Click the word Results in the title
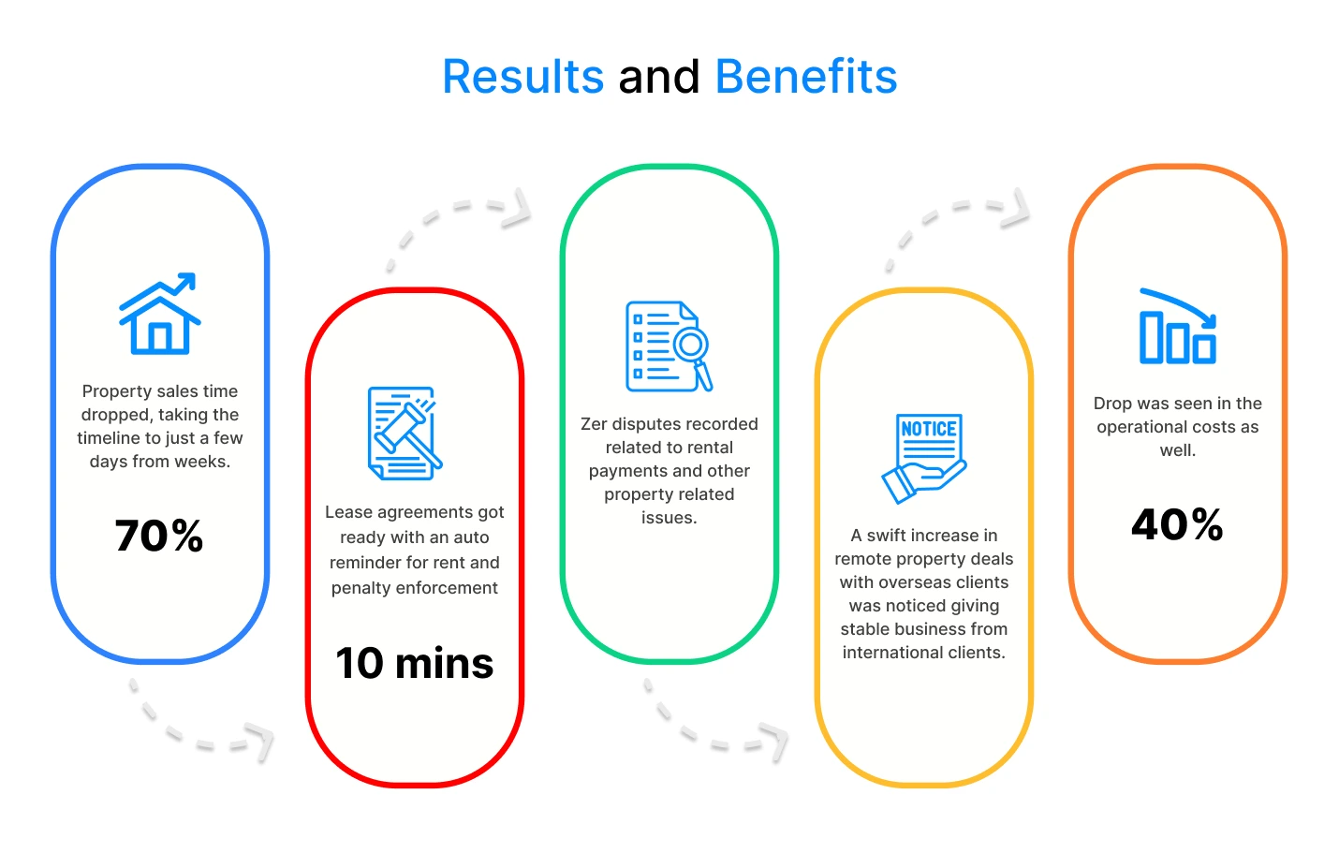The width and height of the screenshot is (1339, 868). click(523, 77)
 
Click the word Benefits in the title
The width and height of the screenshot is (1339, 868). click(806, 77)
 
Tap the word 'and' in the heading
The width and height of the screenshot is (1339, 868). click(659, 78)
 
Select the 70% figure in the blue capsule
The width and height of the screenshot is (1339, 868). click(159, 535)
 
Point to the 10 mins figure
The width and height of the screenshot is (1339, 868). click(414, 663)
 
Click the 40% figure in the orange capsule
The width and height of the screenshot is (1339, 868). click(1177, 525)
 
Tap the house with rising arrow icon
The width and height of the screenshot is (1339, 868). click(159, 314)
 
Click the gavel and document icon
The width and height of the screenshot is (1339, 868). click(405, 433)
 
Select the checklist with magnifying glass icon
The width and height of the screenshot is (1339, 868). click(669, 346)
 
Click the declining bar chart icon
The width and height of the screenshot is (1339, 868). click(1178, 327)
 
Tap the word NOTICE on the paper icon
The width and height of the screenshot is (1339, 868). click(928, 429)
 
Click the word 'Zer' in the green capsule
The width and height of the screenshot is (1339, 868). click(595, 424)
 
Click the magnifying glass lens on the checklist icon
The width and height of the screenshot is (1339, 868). click(691, 345)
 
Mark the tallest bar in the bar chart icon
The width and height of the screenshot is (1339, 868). click(1152, 337)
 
